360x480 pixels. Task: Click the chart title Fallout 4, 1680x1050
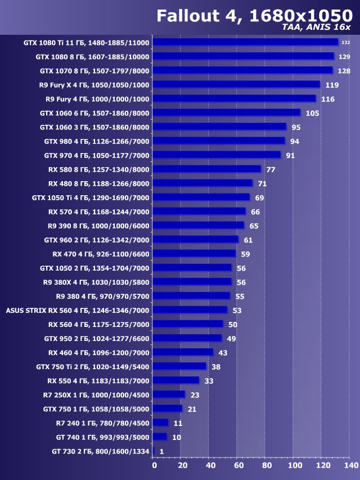(x=254, y=16)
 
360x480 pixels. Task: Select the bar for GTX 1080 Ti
(x=245, y=42)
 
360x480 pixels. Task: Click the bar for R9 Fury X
(x=236, y=84)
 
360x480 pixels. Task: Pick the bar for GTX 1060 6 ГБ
(x=227, y=113)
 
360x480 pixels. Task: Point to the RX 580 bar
(x=207, y=169)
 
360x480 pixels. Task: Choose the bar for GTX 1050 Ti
(x=201, y=197)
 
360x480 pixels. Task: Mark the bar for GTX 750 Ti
(x=179, y=366)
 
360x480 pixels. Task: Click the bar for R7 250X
(x=169, y=394)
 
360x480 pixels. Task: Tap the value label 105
(x=313, y=113)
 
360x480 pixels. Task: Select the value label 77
(x=271, y=169)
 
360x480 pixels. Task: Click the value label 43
(x=223, y=352)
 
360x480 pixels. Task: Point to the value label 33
(x=209, y=380)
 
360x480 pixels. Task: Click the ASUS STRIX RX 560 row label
(x=78, y=310)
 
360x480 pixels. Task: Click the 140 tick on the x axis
(x=350, y=465)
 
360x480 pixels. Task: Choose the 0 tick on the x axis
(x=154, y=465)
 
